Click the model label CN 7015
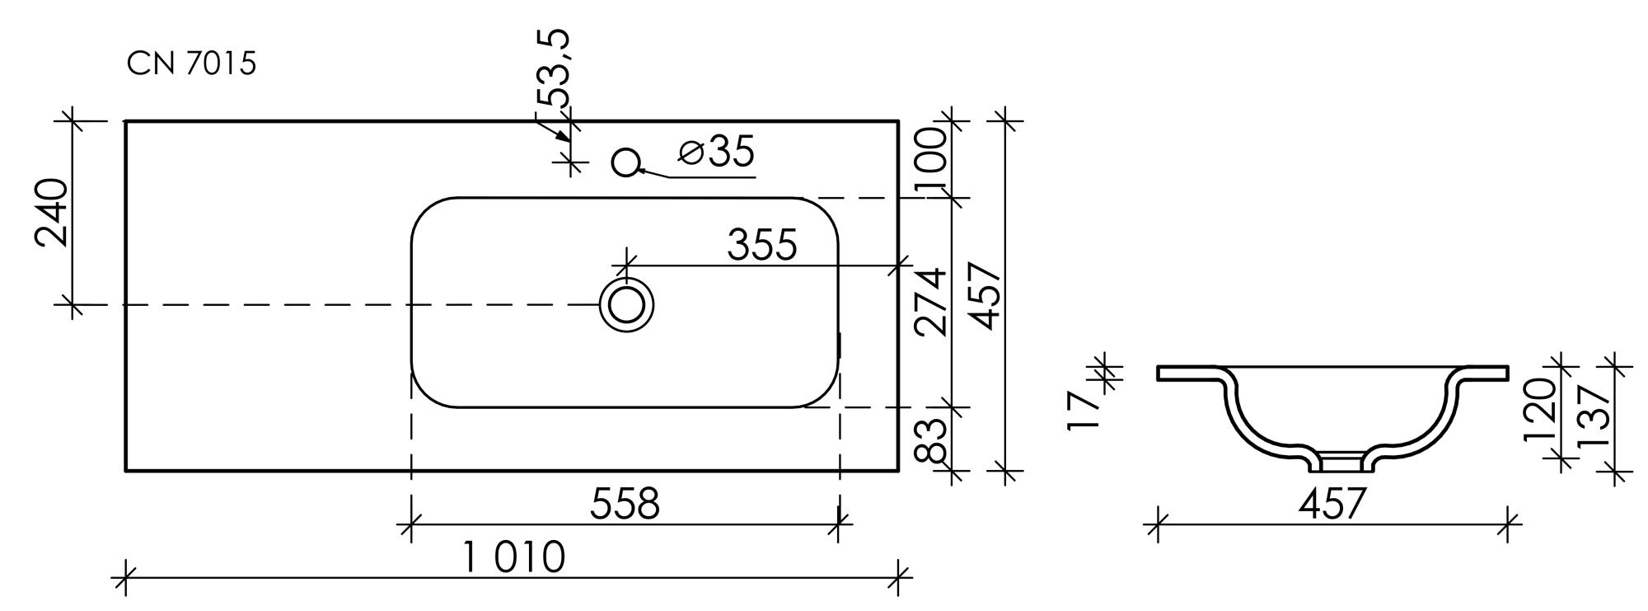pyautogui.click(x=191, y=63)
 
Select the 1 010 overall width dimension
pyautogui.click(x=513, y=557)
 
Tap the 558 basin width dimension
pyautogui.click(x=625, y=504)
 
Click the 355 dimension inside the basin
pyautogui.click(x=761, y=245)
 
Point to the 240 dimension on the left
pyautogui.click(x=51, y=213)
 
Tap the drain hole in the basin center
pyautogui.click(x=627, y=304)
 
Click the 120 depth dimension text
pyautogui.click(x=1539, y=410)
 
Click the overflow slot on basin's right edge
pyautogui.click(x=840, y=345)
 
